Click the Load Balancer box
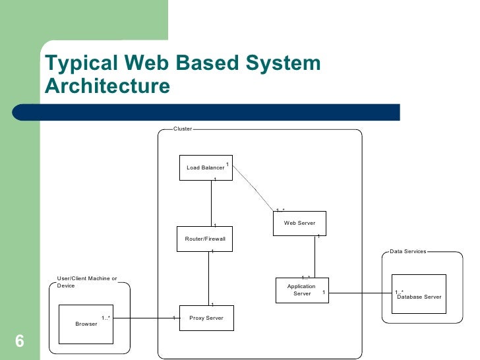click(206, 167)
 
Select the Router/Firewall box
click(206, 239)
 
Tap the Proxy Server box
click(206, 318)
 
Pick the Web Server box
click(299, 223)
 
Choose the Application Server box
click(301, 290)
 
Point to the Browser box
click(86, 324)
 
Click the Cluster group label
click(183, 129)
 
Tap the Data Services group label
click(408, 251)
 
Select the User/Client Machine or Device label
click(87, 282)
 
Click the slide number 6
click(19, 341)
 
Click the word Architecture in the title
click(107, 86)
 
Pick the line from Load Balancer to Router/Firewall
click(210, 203)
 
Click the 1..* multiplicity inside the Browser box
click(105, 318)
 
